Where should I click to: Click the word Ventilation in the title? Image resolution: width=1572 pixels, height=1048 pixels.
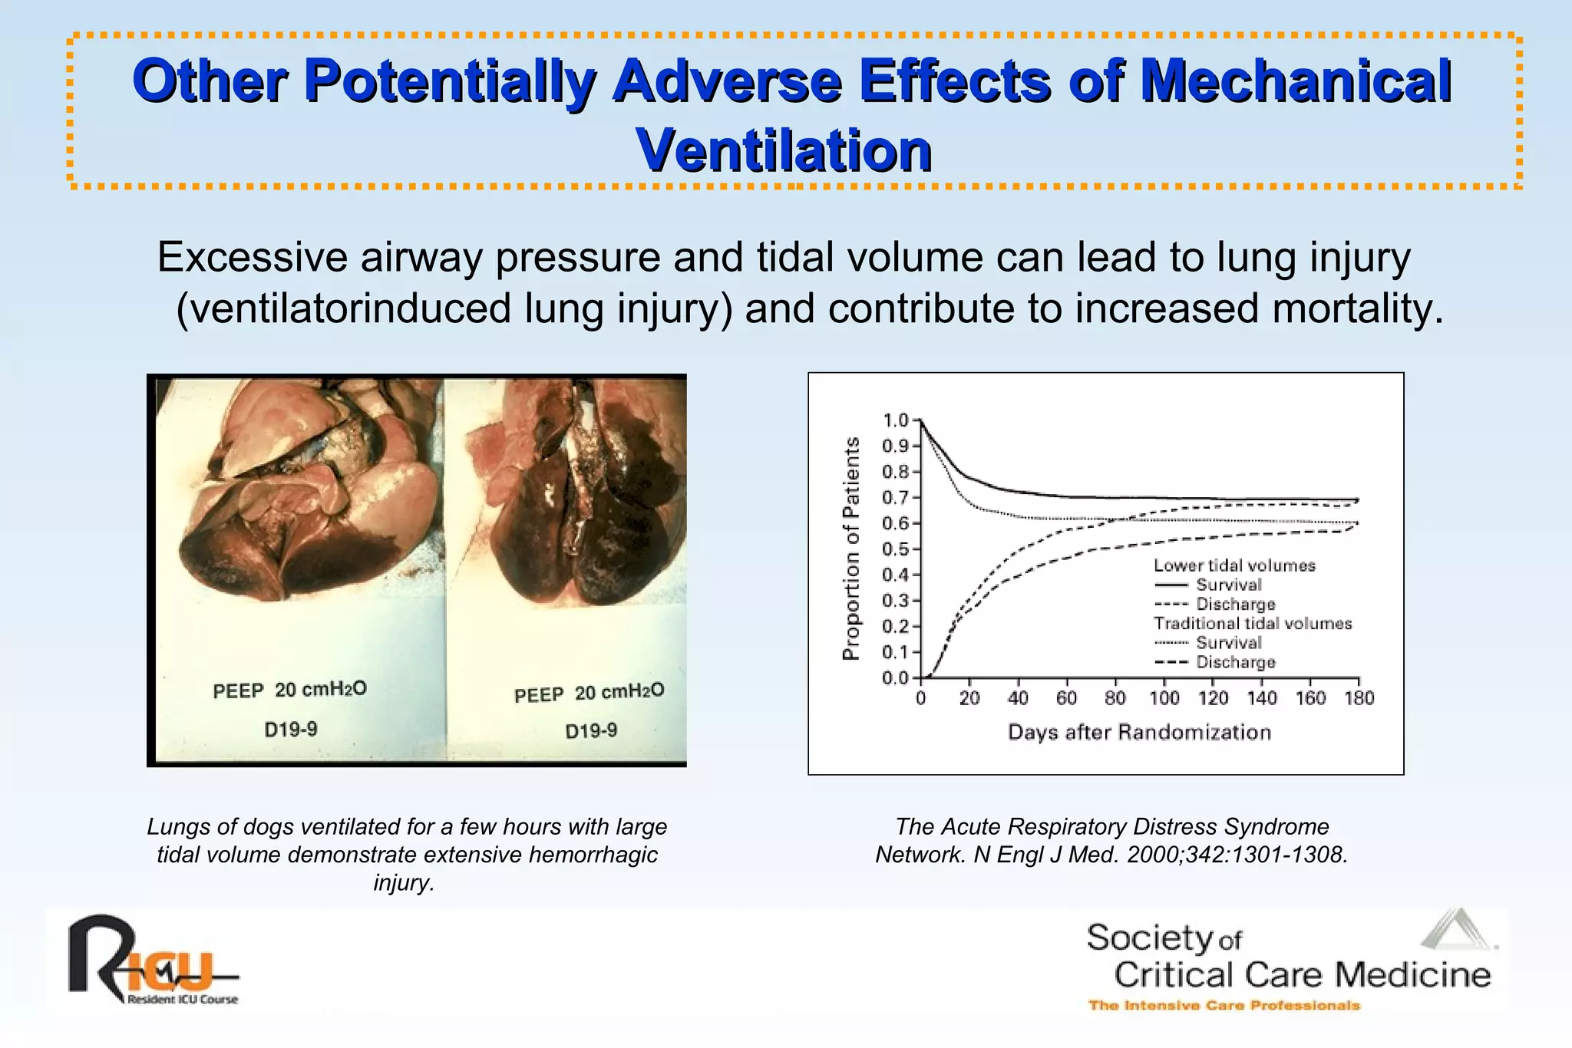784,150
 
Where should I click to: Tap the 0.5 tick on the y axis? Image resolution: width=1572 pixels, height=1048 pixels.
896,549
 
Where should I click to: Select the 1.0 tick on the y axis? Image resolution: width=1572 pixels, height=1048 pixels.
896,420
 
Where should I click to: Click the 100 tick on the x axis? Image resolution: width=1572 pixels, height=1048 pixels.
1164,698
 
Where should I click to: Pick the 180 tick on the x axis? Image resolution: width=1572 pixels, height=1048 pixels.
1359,698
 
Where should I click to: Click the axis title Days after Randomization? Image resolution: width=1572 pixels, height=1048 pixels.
1139,733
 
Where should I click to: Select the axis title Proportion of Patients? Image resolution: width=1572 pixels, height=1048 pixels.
850,549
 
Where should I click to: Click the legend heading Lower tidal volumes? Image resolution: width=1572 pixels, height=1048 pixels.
1234,565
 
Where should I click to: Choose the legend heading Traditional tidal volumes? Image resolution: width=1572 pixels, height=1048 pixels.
1253,624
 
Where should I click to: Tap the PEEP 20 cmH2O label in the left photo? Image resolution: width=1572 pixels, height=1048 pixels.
289,690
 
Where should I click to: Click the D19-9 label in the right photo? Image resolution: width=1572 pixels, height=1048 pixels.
591,730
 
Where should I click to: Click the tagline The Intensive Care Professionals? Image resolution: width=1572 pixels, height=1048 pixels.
1224,1006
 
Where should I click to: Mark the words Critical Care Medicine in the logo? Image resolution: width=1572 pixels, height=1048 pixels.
1302,975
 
